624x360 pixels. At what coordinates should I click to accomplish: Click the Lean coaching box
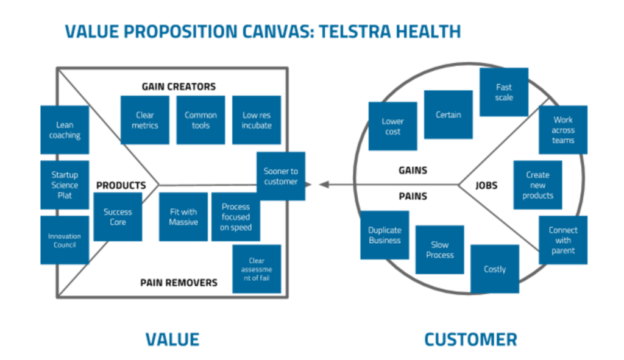tap(65, 130)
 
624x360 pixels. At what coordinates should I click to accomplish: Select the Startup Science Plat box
tap(65, 185)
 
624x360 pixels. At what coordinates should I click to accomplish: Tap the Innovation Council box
tap(65, 240)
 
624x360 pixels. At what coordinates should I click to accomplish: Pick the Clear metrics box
tap(145, 120)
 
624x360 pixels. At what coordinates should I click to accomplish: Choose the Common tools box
tap(200, 120)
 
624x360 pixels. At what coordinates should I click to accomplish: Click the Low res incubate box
tap(257, 120)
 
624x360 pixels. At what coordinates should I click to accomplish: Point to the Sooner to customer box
tap(281, 176)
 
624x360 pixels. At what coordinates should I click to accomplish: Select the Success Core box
tap(118, 217)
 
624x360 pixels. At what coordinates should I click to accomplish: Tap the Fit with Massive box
tap(183, 217)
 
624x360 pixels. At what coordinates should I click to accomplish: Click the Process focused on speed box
tap(236, 217)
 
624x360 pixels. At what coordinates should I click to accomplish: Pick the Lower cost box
tap(393, 126)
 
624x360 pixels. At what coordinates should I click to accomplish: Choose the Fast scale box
tap(504, 92)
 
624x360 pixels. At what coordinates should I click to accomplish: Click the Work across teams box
tap(563, 130)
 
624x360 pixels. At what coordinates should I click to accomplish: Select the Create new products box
tap(537, 185)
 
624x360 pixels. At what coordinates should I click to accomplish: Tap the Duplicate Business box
tap(385, 235)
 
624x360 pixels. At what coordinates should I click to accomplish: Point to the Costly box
tap(495, 269)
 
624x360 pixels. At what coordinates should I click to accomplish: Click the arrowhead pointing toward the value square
tap(324, 185)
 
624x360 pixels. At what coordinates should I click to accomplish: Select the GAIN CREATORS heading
tap(179, 86)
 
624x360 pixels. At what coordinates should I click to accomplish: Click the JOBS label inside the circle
tap(486, 185)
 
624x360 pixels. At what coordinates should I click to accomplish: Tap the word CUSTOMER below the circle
tap(471, 340)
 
